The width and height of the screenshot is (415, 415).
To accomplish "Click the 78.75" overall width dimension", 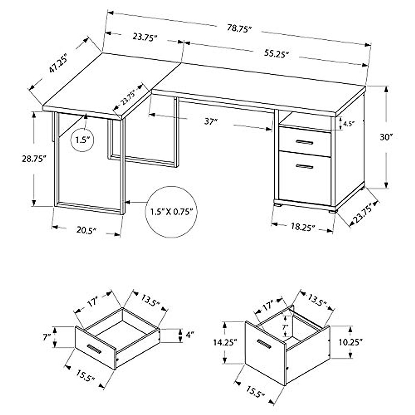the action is pyautogui.click(x=238, y=29).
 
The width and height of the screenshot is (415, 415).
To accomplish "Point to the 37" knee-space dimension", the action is pyautogui.click(x=210, y=122).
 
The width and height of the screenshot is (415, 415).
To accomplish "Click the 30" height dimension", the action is pyautogui.click(x=385, y=137).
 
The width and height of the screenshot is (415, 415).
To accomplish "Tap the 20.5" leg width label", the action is pyautogui.click(x=86, y=230).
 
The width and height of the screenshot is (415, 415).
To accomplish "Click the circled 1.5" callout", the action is pyautogui.click(x=83, y=140).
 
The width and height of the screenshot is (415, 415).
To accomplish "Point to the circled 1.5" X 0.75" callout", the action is pyautogui.click(x=171, y=212).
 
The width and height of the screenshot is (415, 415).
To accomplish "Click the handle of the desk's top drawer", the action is pyautogui.click(x=304, y=142).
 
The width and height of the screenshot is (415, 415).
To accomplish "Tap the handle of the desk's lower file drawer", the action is pyautogui.click(x=304, y=167).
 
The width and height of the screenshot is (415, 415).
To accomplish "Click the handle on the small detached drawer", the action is pyautogui.click(x=94, y=349).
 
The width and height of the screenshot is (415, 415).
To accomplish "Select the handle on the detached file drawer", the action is pyautogui.click(x=265, y=344).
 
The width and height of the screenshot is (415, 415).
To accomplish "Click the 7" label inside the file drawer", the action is pyautogui.click(x=285, y=326).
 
